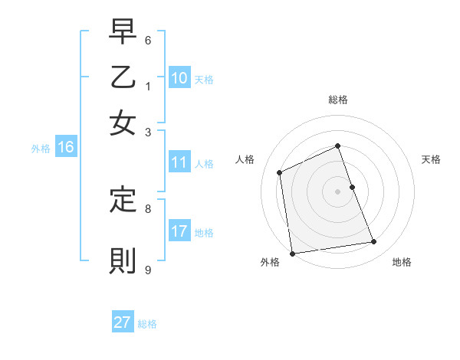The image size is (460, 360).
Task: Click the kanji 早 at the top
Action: tap(123, 34)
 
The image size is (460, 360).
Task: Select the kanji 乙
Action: tap(123, 78)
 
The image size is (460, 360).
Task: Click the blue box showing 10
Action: tap(179, 78)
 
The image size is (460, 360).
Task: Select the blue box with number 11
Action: tap(179, 162)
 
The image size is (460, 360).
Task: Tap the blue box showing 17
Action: tap(179, 231)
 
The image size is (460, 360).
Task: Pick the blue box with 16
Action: tap(66, 148)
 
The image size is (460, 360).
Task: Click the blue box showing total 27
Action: tap(123, 322)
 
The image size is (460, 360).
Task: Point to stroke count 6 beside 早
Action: tap(148, 39)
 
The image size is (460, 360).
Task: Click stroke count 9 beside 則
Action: tap(148, 269)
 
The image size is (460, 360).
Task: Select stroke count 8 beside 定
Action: tap(148, 207)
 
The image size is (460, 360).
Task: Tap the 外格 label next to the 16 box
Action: tap(41, 149)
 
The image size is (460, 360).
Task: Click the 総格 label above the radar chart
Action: tap(338, 100)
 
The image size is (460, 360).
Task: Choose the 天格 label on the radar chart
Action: tap(431, 159)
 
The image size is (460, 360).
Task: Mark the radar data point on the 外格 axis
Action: tap(292, 254)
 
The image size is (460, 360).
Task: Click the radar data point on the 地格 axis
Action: tap(374, 242)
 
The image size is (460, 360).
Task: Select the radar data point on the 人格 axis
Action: tap(280, 172)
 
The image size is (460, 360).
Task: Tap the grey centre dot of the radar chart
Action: tap(338, 191)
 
